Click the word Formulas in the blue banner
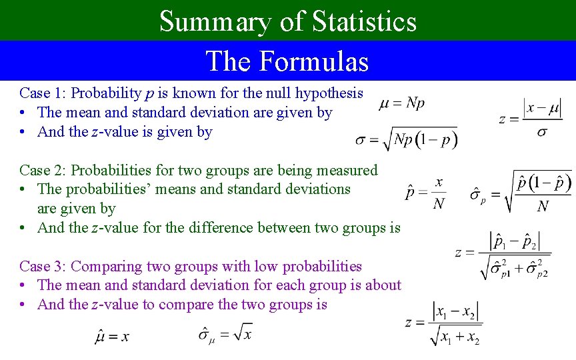pos(313,61)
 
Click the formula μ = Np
pos(402,103)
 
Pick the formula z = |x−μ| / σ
pos(530,119)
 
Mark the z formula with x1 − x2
pos(443,323)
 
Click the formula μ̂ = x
pos(111,336)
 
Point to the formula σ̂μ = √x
pos(225,333)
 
